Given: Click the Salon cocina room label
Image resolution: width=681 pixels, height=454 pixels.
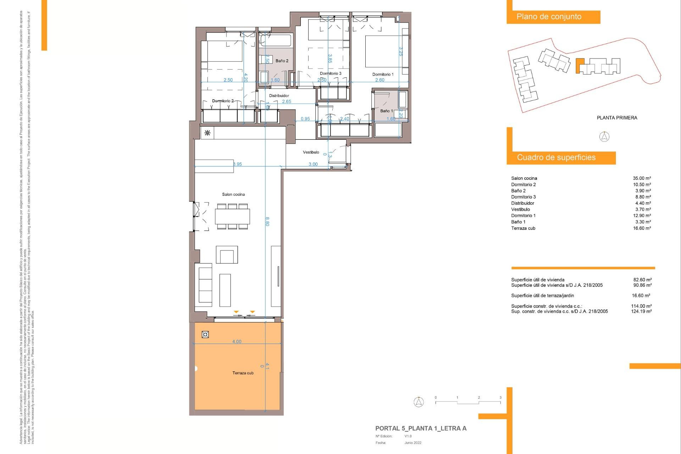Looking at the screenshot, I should (x=233, y=194).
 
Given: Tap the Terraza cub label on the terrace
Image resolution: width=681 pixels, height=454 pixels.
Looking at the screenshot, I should (x=243, y=373).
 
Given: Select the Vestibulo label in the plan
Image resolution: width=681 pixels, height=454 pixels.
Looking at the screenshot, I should (x=311, y=152).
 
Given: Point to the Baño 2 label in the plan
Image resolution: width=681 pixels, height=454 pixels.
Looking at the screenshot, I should (x=282, y=61).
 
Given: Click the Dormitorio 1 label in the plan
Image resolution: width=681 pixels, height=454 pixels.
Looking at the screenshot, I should (x=383, y=74).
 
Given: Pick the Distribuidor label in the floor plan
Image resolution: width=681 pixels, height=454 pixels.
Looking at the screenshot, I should (x=279, y=95).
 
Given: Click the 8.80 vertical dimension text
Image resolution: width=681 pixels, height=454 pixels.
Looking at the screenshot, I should (x=267, y=221).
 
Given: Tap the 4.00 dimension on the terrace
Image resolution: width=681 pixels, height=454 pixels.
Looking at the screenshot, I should (x=237, y=342).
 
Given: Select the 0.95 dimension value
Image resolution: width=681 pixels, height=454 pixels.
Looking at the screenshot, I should (x=305, y=119).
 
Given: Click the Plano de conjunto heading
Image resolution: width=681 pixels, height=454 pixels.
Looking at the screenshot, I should (x=549, y=17).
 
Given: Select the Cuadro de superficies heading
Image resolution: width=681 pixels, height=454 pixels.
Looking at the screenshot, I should (x=556, y=157).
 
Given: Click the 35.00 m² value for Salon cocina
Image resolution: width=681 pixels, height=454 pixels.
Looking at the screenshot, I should (x=642, y=178).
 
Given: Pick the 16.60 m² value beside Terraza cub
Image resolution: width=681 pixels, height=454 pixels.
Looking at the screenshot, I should (x=642, y=228).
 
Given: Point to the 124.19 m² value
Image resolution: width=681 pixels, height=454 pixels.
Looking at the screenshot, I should (x=641, y=311).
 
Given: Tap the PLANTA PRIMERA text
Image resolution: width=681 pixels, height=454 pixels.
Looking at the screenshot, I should (x=617, y=118).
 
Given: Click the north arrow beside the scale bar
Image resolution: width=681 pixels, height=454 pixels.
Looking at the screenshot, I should (x=419, y=402).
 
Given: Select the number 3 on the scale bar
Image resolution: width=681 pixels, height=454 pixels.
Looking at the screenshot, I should (x=500, y=398).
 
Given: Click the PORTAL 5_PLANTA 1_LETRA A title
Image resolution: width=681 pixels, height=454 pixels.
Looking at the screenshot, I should (x=421, y=428).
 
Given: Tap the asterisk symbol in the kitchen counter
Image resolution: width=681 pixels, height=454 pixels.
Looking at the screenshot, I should (x=207, y=133).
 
